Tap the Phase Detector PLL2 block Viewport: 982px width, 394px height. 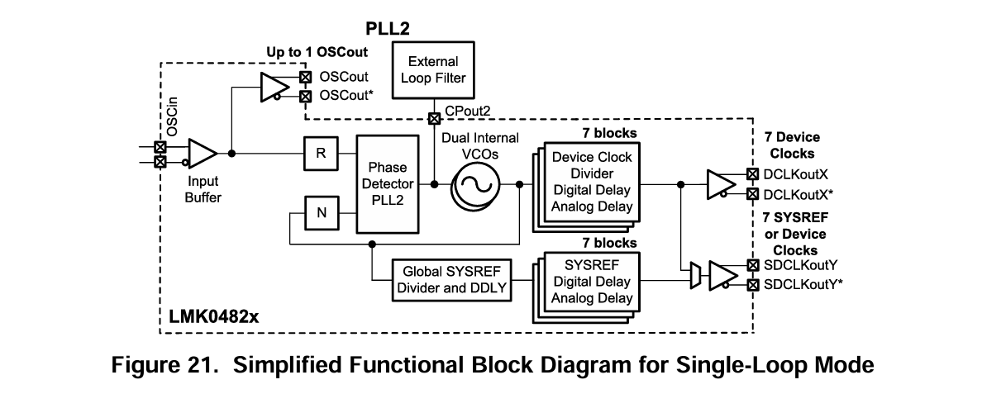point(387,183)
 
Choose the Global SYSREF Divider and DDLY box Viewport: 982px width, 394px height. point(443,279)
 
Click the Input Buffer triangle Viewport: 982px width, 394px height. point(202,154)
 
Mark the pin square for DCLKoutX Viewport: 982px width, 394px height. point(752,174)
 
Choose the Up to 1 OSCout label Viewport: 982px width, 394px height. point(316,51)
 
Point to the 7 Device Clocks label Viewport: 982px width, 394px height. point(793,145)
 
